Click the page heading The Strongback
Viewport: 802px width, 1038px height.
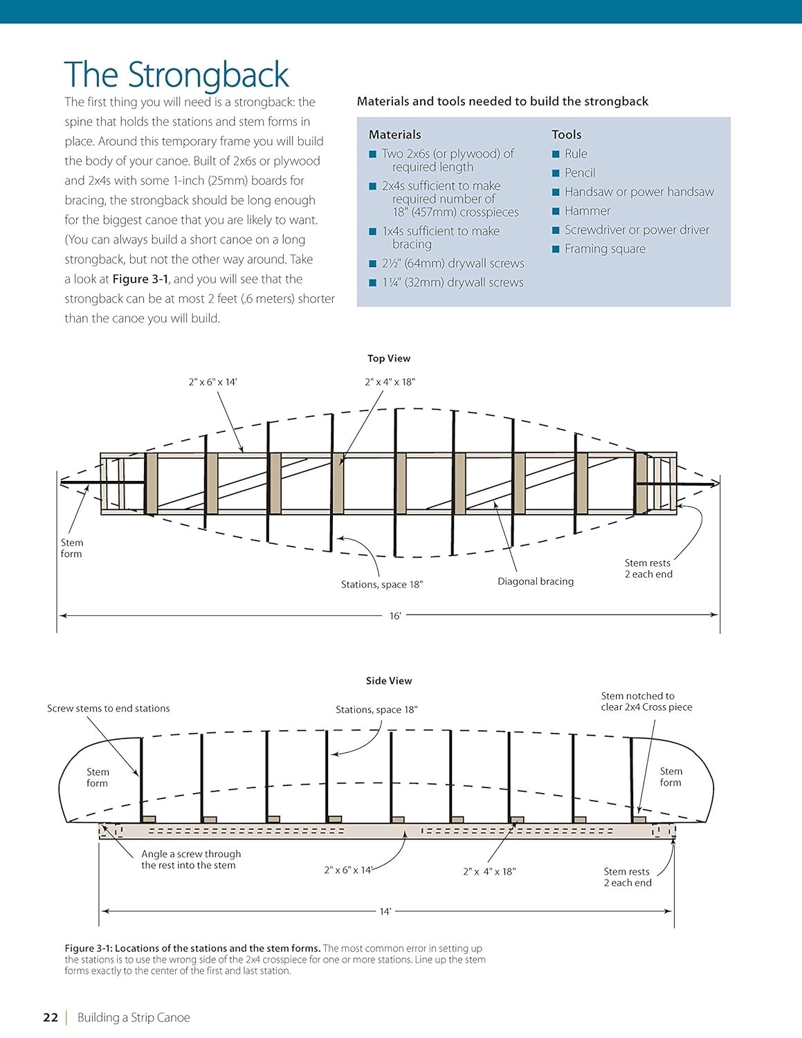pyautogui.click(x=176, y=75)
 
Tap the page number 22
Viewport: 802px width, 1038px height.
pyautogui.click(x=51, y=1017)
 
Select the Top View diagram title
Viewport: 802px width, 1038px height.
pyautogui.click(x=389, y=358)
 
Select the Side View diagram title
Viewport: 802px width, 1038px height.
pyautogui.click(x=389, y=681)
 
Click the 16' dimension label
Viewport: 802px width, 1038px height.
pyautogui.click(x=394, y=616)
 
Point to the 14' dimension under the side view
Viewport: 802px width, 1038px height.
pyautogui.click(x=385, y=911)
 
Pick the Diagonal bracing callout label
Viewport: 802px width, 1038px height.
pyautogui.click(x=536, y=581)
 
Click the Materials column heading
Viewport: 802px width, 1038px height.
pyautogui.click(x=394, y=135)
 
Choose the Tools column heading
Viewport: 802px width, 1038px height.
pyautogui.click(x=566, y=135)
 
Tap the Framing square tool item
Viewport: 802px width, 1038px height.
pyautogui.click(x=605, y=249)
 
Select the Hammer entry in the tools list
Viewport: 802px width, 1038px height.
pyautogui.click(x=587, y=211)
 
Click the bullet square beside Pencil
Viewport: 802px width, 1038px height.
pyautogui.click(x=556, y=173)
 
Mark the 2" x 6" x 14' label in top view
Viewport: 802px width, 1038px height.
pyautogui.click(x=212, y=382)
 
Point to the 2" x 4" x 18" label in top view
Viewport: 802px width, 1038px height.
pyautogui.click(x=390, y=382)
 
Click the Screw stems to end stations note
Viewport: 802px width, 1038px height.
pyautogui.click(x=109, y=709)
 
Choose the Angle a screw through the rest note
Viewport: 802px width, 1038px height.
pyautogui.click(x=190, y=859)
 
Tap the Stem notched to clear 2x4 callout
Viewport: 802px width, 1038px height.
pyautogui.click(x=646, y=702)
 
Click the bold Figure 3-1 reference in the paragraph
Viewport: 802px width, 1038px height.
pyautogui.click(x=140, y=279)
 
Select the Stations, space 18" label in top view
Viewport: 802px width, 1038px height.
pyautogui.click(x=382, y=585)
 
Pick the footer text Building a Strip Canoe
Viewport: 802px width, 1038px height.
pyautogui.click(x=134, y=1017)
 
